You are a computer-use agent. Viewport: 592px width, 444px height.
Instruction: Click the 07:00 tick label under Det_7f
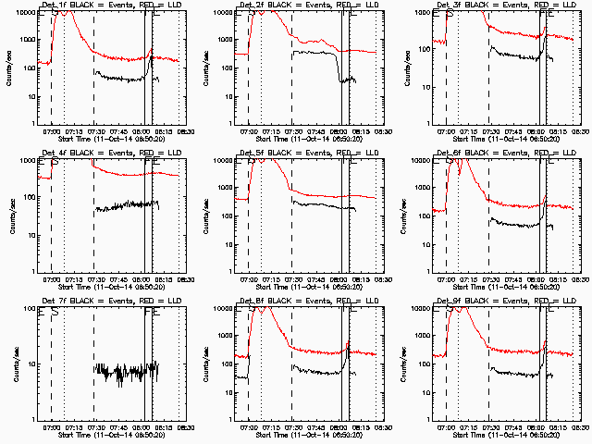pos(51,427)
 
